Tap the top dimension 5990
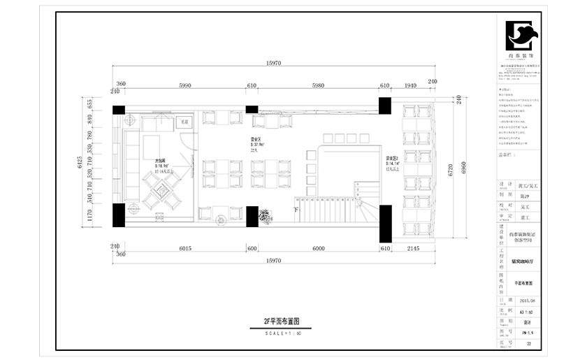pos(184,86)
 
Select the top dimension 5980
pos(318,86)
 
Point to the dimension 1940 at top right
pos(410,86)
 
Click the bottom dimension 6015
pos(185,247)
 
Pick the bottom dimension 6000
pos(319,247)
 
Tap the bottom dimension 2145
pos(413,247)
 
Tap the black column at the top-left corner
pos(119,110)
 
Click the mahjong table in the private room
pos(160,189)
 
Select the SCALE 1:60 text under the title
pos(282,333)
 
